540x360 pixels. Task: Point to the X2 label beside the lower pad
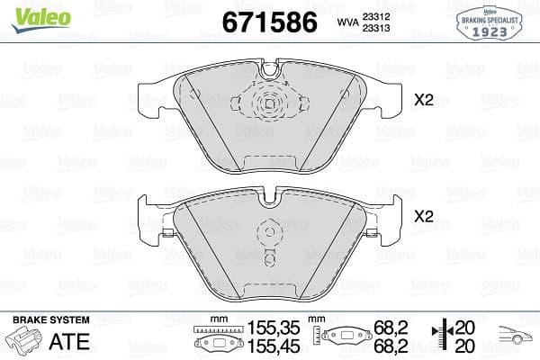(423, 217)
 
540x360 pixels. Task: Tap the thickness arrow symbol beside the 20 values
(442, 338)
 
